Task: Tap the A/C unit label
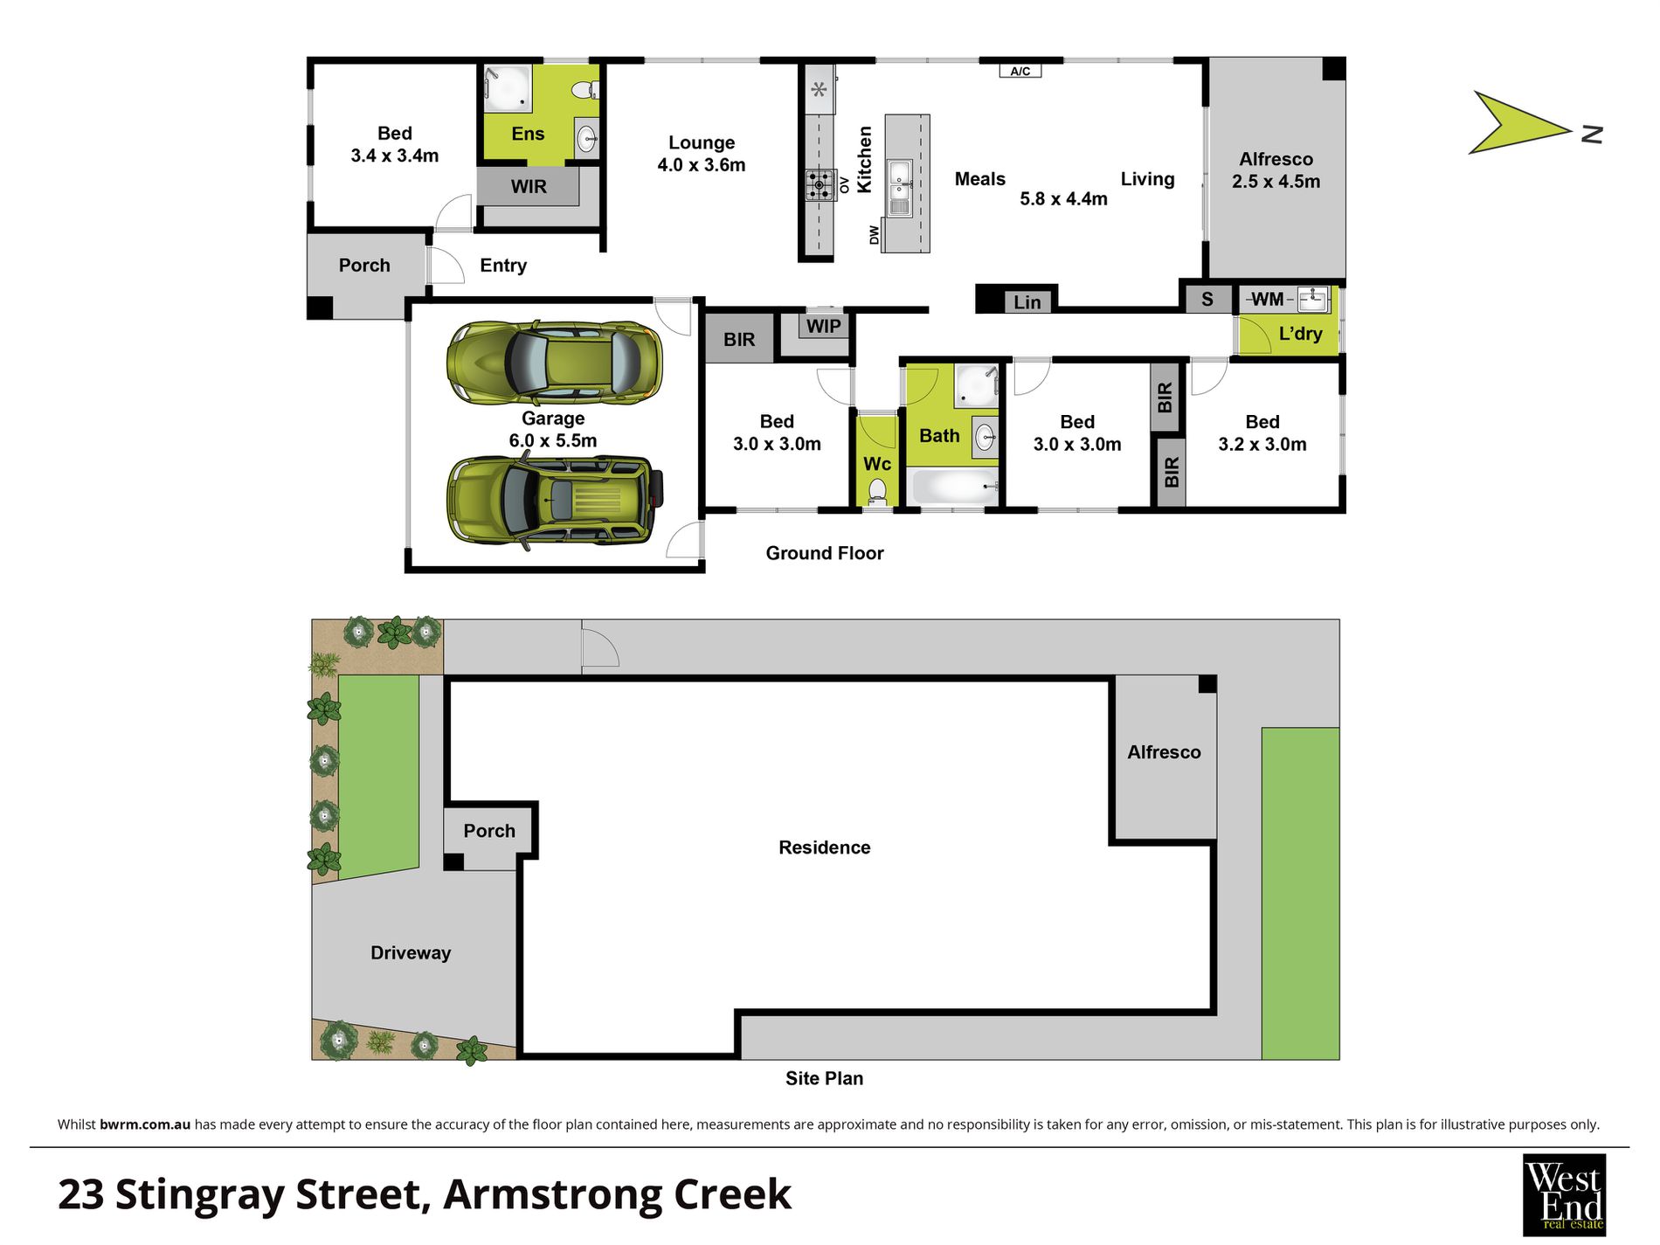tap(1020, 71)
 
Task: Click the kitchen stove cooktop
tap(819, 183)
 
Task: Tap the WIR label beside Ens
tap(529, 186)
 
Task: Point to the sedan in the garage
tap(554, 363)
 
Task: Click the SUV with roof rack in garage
tap(554, 500)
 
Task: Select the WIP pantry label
tap(823, 326)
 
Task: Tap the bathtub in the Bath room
tap(953, 486)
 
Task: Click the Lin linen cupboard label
tap(1027, 302)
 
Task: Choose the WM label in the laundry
tap(1267, 300)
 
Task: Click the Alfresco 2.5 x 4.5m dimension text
tap(1276, 182)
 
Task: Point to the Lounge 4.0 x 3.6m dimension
tap(701, 165)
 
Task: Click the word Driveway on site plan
tap(410, 952)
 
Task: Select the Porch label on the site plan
tap(488, 831)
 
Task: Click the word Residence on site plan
tap(824, 847)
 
